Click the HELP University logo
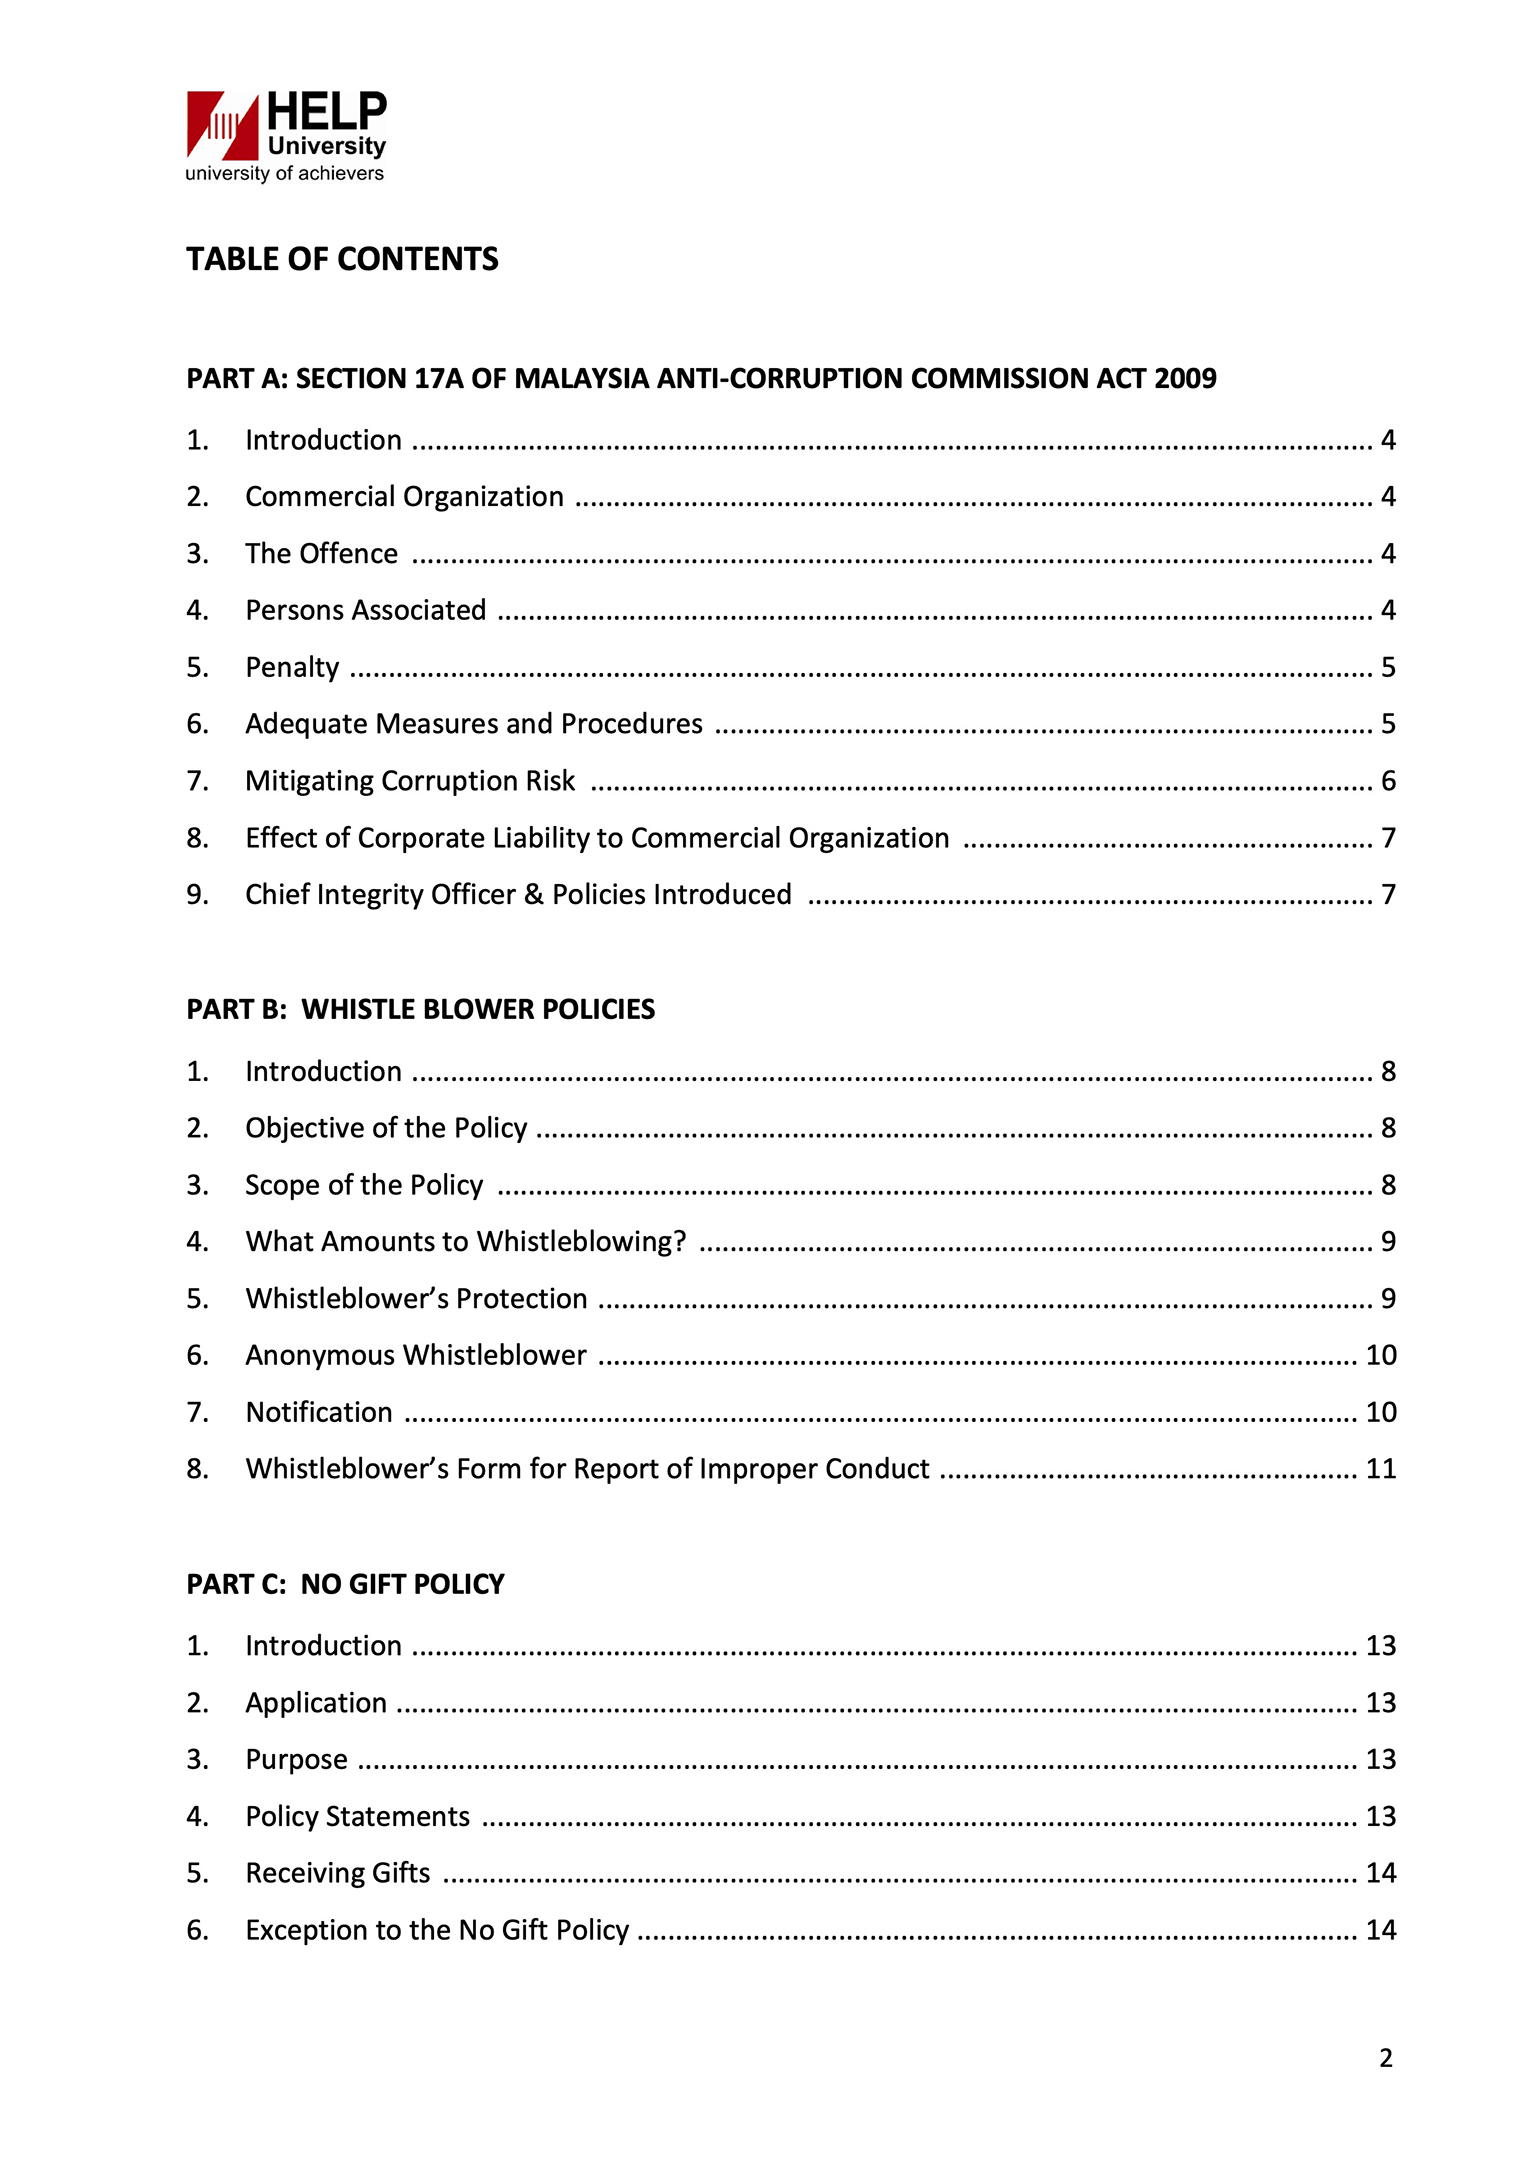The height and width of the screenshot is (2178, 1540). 286,136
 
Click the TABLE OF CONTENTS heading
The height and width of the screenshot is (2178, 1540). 342,260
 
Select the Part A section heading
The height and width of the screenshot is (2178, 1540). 701,379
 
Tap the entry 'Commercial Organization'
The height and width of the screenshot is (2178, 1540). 404,497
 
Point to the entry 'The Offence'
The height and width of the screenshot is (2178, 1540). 321,554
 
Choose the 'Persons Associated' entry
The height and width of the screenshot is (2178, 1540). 365,611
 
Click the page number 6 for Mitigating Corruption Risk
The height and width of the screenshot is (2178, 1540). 1388,781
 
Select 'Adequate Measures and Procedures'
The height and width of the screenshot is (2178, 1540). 473,724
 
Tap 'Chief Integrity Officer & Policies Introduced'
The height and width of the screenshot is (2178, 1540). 518,895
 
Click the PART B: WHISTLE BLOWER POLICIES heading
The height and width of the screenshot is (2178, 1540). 420,1010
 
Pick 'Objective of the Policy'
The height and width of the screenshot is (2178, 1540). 386,1129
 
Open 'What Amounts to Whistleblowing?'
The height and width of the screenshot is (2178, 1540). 465,1242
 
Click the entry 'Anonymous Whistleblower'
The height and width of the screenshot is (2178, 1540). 415,1356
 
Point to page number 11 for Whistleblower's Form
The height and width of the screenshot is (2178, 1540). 1380,1469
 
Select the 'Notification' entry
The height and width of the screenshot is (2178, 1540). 319,1413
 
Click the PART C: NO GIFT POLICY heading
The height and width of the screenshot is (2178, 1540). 345,1585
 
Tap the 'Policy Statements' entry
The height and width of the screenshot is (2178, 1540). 357,1817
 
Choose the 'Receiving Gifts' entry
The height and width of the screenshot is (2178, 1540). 337,1873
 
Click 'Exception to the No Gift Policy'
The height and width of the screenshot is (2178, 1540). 437,1930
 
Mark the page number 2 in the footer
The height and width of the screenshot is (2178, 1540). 1385,2058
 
